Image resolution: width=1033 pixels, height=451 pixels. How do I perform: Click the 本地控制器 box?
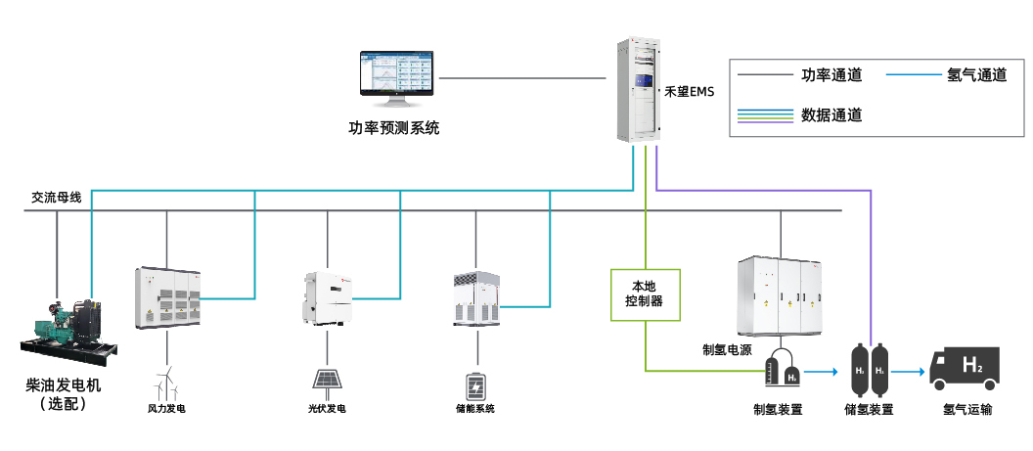pos(644,293)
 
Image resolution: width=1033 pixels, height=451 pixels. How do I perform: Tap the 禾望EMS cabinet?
pos(637,91)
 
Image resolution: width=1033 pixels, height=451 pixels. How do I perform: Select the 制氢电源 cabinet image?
pos(781,293)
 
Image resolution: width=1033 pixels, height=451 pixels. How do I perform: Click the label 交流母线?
pos(57,197)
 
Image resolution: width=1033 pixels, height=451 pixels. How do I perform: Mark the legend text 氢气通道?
pos(976,75)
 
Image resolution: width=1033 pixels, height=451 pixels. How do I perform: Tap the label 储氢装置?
pos(869,410)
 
